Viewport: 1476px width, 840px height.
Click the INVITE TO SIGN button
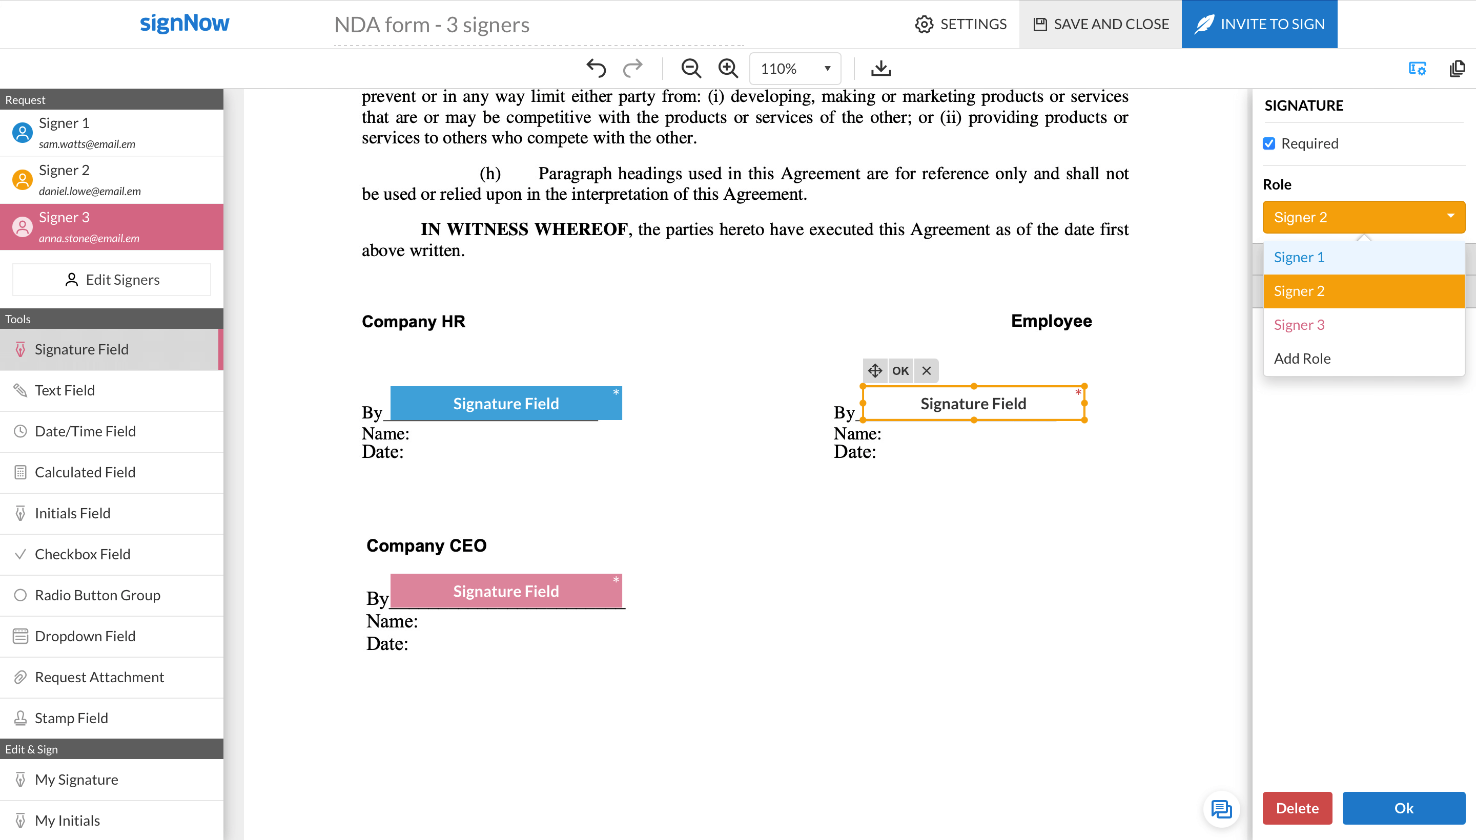(1259, 24)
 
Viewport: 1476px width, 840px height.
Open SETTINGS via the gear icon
(924, 24)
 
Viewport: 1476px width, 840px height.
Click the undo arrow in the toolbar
(596, 68)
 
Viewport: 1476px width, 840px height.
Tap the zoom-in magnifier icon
(728, 68)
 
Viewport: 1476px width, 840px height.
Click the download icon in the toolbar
(880, 68)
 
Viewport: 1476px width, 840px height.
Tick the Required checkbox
(1269, 143)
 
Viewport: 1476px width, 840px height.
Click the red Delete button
(1297, 808)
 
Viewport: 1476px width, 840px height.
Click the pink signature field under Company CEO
(506, 591)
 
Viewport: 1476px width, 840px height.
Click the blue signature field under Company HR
(506, 403)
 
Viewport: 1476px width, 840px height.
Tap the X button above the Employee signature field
(926, 370)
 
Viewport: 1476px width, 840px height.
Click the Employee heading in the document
(1051, 321)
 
